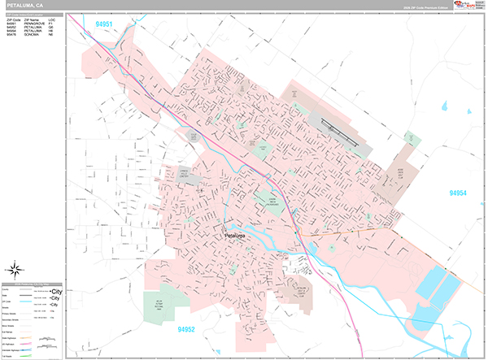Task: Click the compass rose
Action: click(15, 269)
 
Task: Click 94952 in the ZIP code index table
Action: click(11, 28)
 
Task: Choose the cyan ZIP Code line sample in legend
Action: click(40, 300)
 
